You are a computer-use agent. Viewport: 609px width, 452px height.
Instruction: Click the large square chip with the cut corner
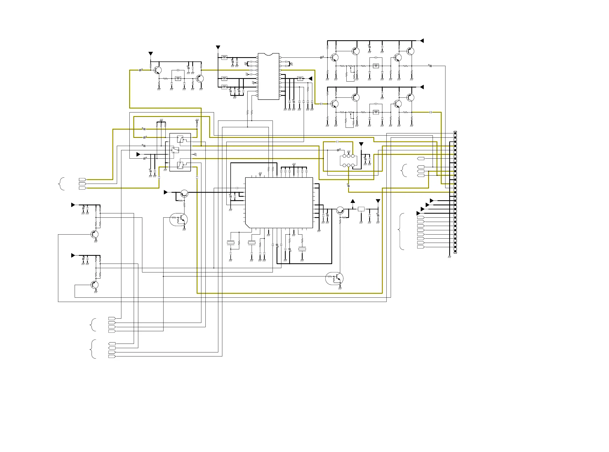coord(279,202)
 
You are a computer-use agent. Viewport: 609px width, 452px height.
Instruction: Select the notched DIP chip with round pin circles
coord(268,76)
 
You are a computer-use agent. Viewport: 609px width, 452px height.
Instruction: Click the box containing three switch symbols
coord(180,152)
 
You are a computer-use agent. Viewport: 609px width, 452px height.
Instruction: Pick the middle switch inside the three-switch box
coord(175,150)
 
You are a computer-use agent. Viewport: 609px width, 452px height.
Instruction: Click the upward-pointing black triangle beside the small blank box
coord(353,201)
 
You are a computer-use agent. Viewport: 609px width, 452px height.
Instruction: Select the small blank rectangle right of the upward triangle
coord(361,209)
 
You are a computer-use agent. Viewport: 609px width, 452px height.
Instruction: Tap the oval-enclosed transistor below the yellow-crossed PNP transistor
coord(179,220)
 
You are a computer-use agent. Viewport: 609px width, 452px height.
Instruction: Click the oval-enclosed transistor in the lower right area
coord(334,279)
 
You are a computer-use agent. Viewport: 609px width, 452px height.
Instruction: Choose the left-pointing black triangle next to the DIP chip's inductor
coord(310,79)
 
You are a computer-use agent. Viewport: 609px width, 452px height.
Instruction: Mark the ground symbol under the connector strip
coord(449,257)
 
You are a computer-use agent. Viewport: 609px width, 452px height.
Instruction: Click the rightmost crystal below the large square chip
coord(302,249)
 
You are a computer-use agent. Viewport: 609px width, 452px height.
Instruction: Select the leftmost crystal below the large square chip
coord(231,243)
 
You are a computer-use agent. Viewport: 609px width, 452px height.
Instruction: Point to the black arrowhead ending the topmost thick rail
coord(422,41)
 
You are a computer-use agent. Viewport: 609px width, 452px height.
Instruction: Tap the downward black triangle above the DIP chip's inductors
coord(218,48)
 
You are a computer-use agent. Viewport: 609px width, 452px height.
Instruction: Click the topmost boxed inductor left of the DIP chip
coord(224,58)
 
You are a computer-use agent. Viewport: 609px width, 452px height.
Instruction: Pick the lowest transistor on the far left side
coord(95,285)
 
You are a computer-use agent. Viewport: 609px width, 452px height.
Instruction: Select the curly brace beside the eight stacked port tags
coord(401,231)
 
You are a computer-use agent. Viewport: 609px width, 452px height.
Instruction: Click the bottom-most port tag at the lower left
coord(112,356)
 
